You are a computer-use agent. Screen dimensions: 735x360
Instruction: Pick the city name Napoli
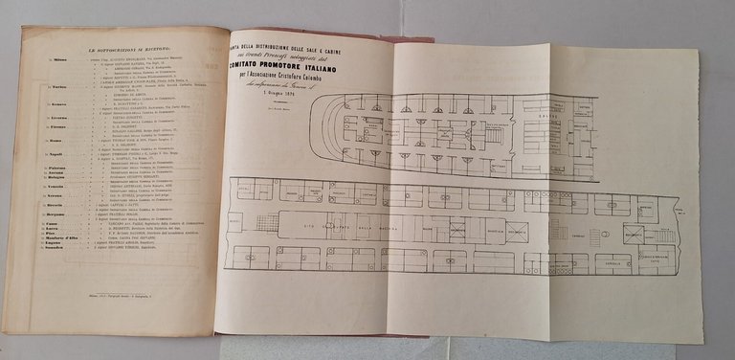(x=59, y=152)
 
